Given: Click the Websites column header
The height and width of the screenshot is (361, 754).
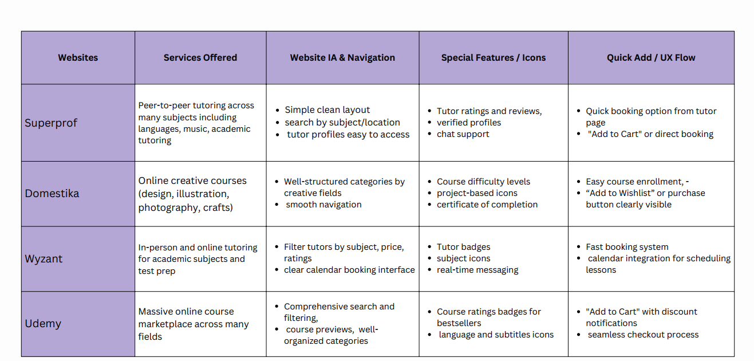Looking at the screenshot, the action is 78,57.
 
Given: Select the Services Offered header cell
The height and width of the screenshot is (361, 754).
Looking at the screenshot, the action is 200,57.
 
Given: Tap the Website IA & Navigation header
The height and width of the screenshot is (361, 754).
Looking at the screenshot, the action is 342,57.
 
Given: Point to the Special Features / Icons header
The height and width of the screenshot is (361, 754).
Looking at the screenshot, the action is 493,57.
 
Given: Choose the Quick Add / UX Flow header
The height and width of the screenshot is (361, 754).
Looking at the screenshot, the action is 651,57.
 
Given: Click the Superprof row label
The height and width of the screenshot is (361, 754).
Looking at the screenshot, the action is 51,123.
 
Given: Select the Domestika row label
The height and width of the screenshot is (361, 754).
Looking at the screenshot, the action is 52,194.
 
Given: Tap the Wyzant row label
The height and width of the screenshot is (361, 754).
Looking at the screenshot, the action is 44,258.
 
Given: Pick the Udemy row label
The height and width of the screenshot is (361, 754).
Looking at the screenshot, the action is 43,324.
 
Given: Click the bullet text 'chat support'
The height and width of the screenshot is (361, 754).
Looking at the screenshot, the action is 463,134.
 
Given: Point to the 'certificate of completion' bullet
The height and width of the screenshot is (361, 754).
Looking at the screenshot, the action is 487,205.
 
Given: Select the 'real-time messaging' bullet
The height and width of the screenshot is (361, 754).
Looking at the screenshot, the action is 477,270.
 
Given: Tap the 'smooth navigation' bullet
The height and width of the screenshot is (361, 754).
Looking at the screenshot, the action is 323,205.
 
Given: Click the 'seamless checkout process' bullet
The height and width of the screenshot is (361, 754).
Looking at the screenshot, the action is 643,335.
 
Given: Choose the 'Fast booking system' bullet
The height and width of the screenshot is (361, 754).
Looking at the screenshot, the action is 627,247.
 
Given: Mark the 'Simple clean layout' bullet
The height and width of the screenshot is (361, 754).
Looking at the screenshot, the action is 327,110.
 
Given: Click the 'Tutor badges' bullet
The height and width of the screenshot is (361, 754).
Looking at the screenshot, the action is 463,247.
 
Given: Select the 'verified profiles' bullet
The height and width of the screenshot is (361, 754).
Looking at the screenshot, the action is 468,123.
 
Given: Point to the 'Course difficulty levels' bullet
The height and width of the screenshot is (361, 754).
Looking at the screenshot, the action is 483,182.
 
